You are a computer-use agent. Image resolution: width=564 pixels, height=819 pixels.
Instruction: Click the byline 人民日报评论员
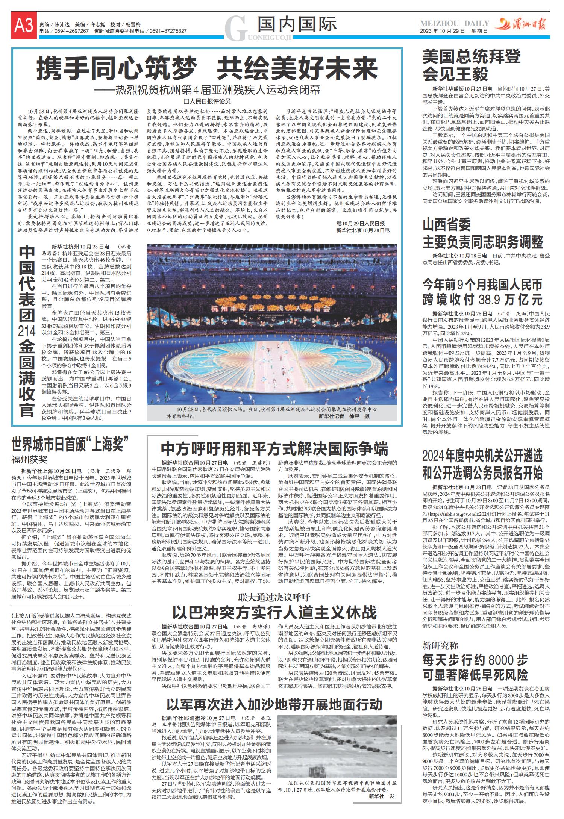(x=207, y=101)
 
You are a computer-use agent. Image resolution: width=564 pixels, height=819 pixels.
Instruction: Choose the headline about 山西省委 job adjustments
(x=483, y=234)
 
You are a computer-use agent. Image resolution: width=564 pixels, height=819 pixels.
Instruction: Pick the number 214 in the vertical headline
(x=27, y=331)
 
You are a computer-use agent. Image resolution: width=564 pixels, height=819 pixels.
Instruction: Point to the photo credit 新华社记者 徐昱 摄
(x=344, y=416)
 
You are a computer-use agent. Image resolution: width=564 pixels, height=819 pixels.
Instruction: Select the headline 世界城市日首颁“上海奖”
(x=70, y=441)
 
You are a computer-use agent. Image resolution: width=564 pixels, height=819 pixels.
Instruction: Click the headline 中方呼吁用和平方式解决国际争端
(x=274, y=449)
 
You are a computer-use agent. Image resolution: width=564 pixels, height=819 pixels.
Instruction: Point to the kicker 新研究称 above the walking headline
(x=440, y=646)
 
